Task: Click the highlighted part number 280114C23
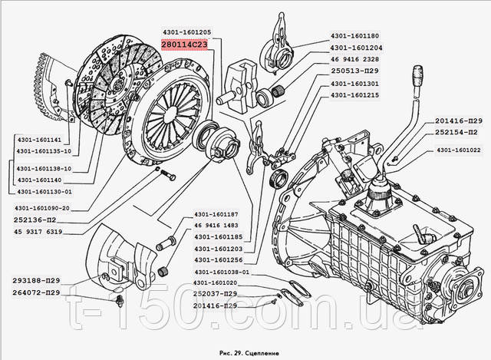coord(185,45)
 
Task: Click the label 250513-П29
coord(355,71)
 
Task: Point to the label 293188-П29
coord(34,282)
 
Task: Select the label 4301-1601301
coord(355,83)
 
